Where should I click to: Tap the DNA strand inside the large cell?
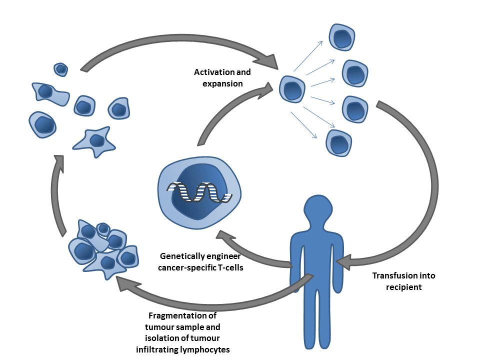(x=199, y=192)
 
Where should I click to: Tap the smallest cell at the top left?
(x=61, y=69)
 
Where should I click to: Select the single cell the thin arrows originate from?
(x=292, y=90)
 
